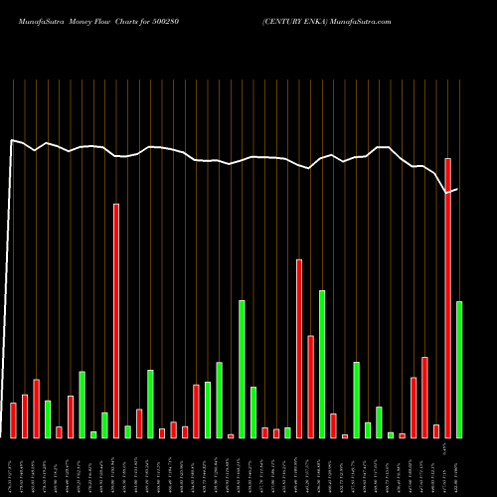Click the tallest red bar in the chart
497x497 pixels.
tap(448, 298)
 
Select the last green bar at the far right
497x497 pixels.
tap(459, 369)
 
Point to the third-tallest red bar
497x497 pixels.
tap(299, 348)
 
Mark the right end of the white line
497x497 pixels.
tap(457, 189)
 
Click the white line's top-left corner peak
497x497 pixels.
tap(12, 140)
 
